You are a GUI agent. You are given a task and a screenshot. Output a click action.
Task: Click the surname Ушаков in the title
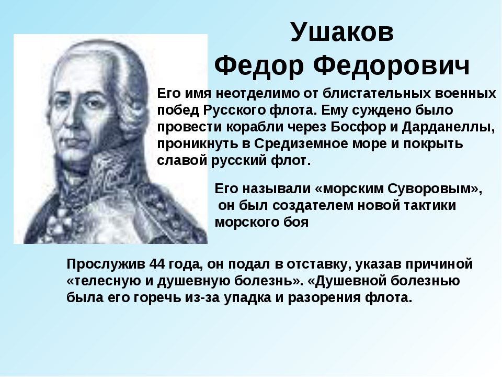click(x=342, y=32)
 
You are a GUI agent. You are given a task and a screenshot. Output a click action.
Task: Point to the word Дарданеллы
click(x=449, y=128)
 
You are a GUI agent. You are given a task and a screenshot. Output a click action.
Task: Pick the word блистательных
click(x=376, y=94)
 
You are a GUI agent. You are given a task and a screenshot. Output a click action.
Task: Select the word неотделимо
click(x=257, y=94)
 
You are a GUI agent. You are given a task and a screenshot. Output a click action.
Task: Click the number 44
click(x=156, y=264)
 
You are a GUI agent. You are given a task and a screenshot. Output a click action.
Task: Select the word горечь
click(x=156, y=298)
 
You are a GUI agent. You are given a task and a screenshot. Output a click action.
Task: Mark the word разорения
click(x=324, y=298)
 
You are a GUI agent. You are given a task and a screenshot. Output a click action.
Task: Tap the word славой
click(x=182, y=160)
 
